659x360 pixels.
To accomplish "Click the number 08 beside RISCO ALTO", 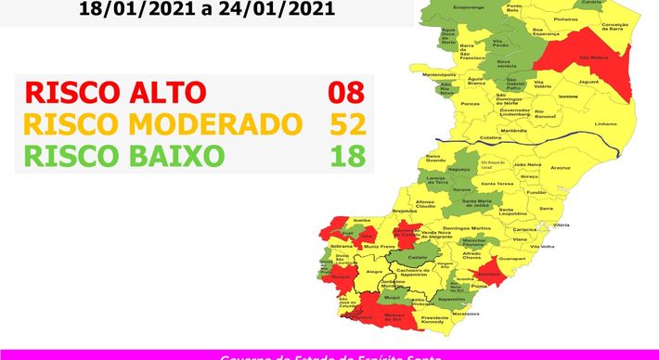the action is (346, 93).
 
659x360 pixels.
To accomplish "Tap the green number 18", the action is (348, 154).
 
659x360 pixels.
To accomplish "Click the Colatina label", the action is (492, 138).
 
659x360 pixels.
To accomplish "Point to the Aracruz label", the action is (561, 169).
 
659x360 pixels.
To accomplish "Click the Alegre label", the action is (375, 272).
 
